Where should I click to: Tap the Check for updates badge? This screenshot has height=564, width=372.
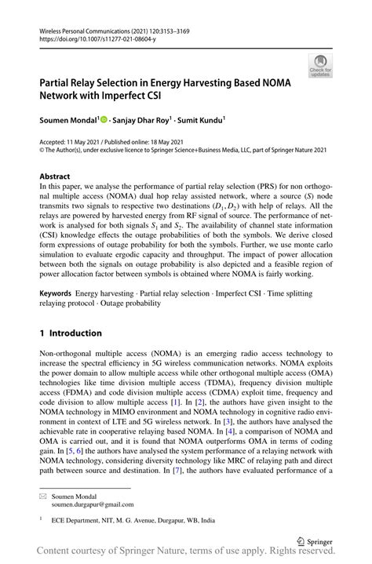pos(319,67)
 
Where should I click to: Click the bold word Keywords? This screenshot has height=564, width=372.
pos(58,292)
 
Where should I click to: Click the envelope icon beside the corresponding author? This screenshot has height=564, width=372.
pos(44,497)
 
